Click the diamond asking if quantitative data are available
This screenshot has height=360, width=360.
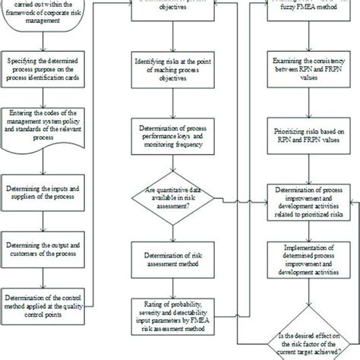pos(176,198)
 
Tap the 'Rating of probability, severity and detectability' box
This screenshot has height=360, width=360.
pos(176,314)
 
